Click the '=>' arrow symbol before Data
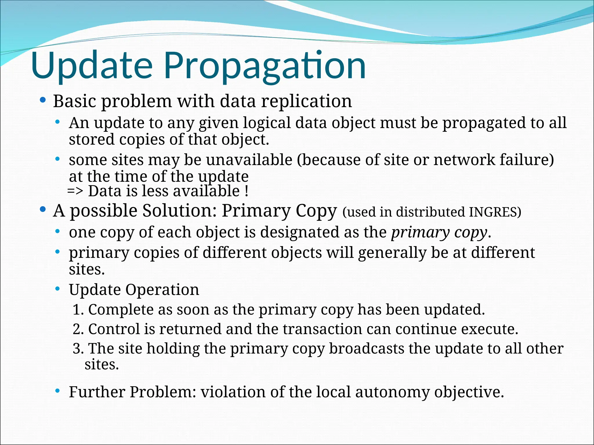75,192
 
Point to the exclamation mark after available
247,192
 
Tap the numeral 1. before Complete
78,310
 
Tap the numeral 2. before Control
78,329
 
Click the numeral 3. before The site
78,349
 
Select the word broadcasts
367,349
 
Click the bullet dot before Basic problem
43,101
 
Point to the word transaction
322,329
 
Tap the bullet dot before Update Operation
57,289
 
